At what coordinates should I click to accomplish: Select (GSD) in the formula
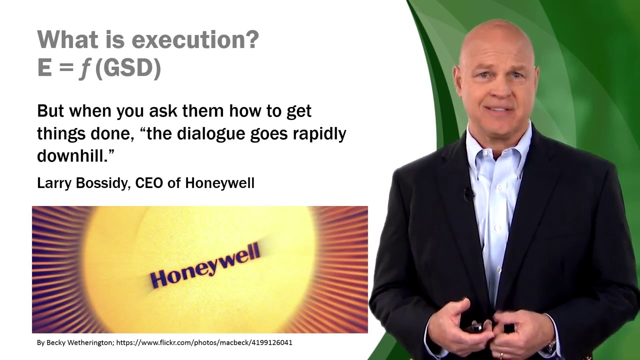pos(127,68)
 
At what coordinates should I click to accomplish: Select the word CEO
pos(149,183)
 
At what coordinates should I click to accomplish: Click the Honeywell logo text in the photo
pos(205,265)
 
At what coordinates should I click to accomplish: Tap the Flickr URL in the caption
pos(204,342)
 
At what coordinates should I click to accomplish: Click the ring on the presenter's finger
pos(501,355)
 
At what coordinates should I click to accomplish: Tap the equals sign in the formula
pos(62,68)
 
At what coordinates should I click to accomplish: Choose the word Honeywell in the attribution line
pos(219,183)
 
